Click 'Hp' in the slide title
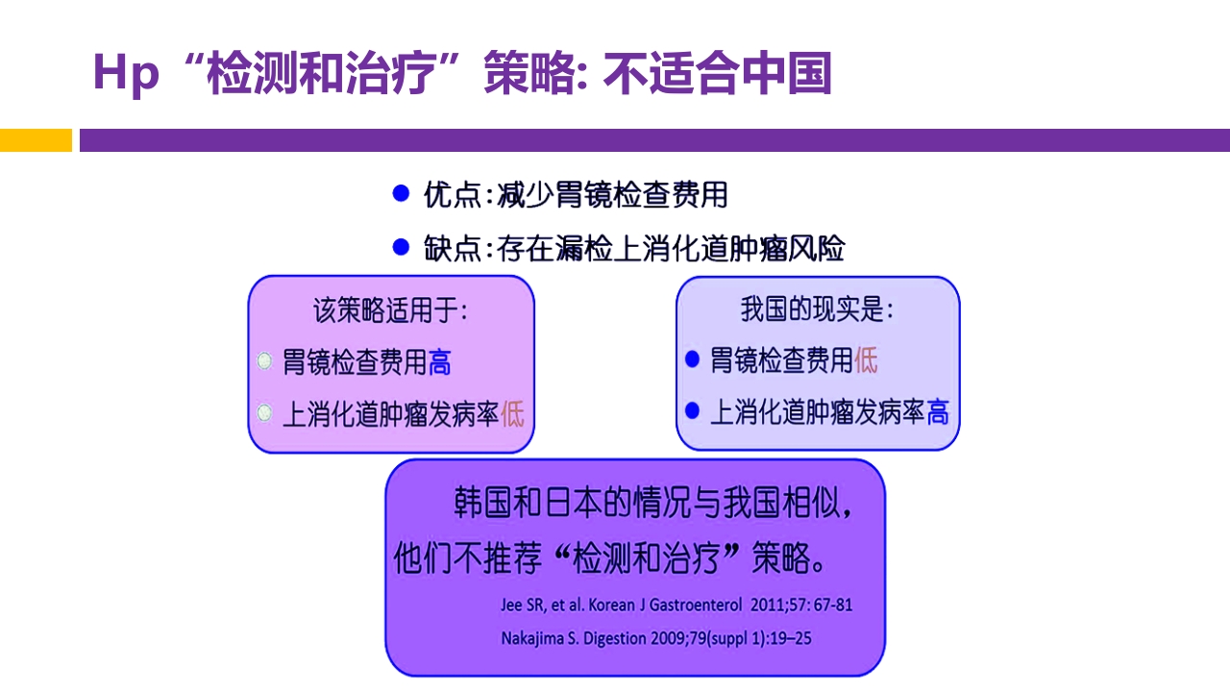(125, 74)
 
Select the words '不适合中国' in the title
(717, 74)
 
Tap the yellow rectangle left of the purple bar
(36, 140)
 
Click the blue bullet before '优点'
(402, 193)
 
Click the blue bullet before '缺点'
(402, 247)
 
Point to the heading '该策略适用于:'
(390, 310)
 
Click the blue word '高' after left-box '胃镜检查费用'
(440, 362)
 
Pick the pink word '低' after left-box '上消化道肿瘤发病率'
(512, 414)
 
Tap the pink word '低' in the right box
(866, 360)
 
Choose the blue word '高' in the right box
(937, 412)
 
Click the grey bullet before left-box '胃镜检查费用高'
(264, 361)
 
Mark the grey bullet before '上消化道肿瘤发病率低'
(264, 413)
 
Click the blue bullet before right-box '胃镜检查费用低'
(692, 359)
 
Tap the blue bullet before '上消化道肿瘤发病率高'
(692, 411)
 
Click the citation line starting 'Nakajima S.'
(656, 637)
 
